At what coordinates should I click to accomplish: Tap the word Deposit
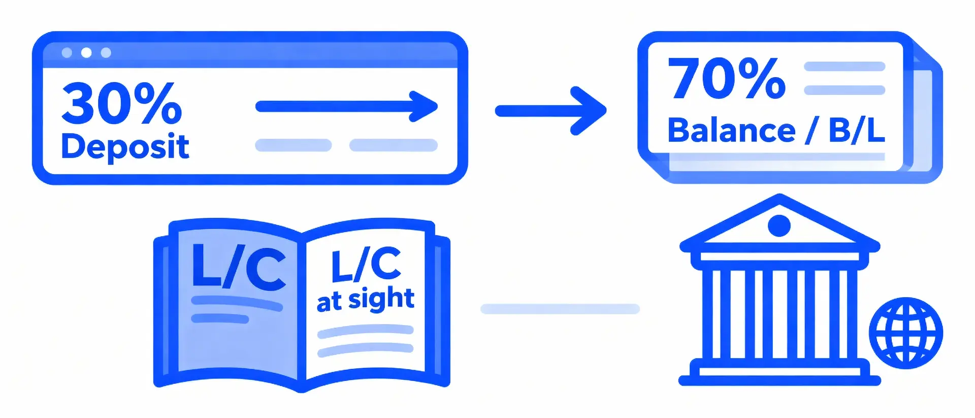pos(125,147)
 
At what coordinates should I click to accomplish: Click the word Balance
pos(731,131)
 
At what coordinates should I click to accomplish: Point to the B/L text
pos(857,131)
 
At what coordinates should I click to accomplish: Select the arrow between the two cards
pos(550,111)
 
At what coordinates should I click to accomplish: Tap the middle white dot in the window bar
pos(86,53)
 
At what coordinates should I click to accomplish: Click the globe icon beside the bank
pos(906,333)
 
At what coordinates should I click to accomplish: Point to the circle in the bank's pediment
pos(779,226)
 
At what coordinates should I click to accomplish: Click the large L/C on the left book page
pos(239,268)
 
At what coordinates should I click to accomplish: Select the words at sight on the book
pos(366,300)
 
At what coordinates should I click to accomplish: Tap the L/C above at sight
pos(366,265)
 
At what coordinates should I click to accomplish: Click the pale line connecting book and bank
pos(560,309)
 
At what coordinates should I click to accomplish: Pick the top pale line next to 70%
pos(844,67)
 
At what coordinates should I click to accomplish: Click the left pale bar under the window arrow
pos(293,145)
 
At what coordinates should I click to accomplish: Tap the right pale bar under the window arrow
pos(393,145)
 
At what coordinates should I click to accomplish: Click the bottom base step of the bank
pos(779,380)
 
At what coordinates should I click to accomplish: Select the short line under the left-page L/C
pos(220,319)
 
